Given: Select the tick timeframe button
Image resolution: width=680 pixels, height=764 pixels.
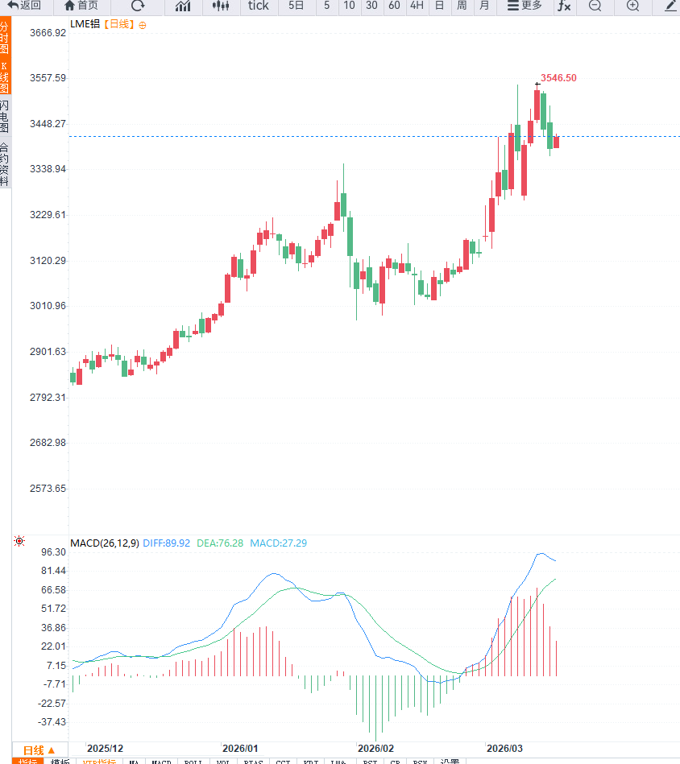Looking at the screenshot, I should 259,6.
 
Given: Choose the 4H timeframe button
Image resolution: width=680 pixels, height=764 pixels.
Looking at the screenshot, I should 417,6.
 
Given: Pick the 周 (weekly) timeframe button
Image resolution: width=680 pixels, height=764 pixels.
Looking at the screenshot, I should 462,6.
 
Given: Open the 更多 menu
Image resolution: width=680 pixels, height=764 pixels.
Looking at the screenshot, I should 525,6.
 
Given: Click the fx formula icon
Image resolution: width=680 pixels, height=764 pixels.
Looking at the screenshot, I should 564,6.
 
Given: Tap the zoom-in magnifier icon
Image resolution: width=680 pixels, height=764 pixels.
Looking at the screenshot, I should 632,6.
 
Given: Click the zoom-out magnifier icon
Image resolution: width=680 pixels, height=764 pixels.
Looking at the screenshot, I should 595,6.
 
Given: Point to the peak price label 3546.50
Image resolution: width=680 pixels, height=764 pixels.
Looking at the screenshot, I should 558,78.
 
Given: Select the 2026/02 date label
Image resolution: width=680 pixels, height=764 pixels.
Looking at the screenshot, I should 375,748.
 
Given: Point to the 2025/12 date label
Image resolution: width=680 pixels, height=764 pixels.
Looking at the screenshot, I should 106,748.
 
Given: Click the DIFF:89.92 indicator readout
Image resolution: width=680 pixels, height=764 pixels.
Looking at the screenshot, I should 166,543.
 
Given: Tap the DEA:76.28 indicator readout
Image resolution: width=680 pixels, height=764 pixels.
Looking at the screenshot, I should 220,543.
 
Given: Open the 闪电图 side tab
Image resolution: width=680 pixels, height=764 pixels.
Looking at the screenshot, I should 5,117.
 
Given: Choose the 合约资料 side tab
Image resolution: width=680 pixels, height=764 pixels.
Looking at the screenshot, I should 5,164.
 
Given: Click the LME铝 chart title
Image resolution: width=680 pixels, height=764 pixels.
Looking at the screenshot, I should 85,24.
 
